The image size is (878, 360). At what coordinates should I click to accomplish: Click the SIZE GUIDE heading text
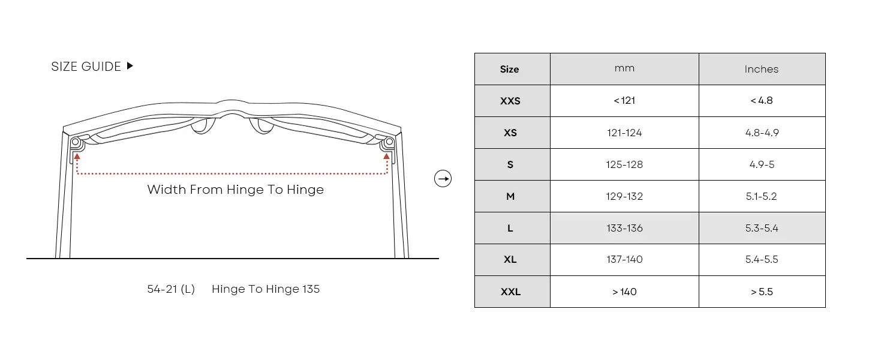tap(86, 67)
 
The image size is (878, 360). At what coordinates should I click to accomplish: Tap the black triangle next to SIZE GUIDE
tap(130, 65)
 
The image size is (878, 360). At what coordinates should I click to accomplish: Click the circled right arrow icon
tap(443, 179)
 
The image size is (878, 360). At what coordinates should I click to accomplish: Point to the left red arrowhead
tap(77, 156)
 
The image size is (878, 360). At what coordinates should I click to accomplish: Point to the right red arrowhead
tap(387, 156)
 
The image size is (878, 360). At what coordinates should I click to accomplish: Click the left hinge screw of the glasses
tap(76, 142)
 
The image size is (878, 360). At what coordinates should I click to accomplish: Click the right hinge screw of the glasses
tap(389, 142)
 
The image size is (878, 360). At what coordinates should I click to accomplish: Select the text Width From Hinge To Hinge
tap(236, 190)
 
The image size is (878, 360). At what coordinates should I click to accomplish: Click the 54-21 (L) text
tap(171, 289)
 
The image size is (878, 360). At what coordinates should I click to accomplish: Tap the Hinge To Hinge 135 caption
tap(266, 289)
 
